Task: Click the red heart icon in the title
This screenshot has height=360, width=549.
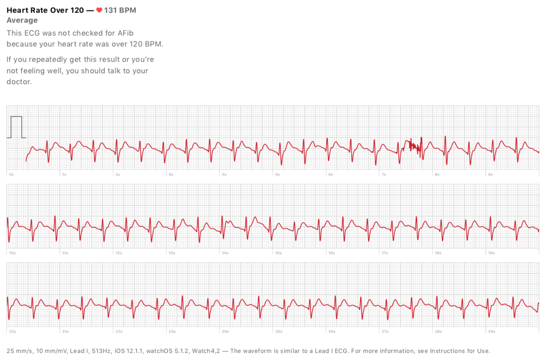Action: point(99,10)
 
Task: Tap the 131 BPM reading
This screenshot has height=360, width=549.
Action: point(120,10)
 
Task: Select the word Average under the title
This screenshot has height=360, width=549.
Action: point(22,20)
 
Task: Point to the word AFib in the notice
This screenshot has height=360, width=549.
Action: point(123,33)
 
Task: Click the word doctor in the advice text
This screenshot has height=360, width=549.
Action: point(19,82)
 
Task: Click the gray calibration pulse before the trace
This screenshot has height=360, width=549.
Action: point(16,127)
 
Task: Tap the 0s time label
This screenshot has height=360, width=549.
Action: point(11,175)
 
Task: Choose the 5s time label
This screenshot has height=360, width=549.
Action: point(278,175)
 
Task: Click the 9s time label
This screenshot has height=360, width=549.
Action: point(490,175)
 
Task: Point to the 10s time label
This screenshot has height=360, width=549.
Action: point(12,253)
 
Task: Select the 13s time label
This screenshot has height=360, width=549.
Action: point(172,253)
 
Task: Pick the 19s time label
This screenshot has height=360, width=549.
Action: point(491,253)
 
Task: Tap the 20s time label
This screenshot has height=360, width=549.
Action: point(12,331)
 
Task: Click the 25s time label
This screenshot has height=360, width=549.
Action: point(279,331)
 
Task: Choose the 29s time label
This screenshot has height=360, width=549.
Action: point(491,331)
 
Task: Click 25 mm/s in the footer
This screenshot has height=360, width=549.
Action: point(19,351)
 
